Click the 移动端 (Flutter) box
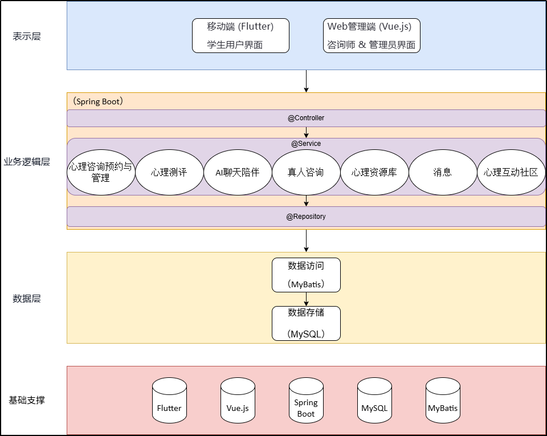click(x=240, y=36)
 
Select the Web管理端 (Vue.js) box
click(x=372, y=36)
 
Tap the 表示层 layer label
click(x=27, y=36)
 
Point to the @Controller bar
click(x=306, y=118)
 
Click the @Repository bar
click(x=306, y=217)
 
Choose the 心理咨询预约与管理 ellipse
click(x=101, y=172)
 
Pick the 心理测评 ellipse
click(x=169, y=172)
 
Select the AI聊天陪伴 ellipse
click(x=238, y=172)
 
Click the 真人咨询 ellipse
click(x=306, y=172)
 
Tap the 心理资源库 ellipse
click(x=374, y=172)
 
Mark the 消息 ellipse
click(x=443, y=172)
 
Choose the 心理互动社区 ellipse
click(x=511, y=172)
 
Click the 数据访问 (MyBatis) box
click(x=306, y=275)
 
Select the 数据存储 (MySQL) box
click(x=306, y=323)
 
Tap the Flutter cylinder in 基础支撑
click(x=169, y=402)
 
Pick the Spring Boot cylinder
click(x=306, y=402)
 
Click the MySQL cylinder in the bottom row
click(x=374, y=402)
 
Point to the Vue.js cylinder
click(x=238, y=402)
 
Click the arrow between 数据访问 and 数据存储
click(x=306, y=299)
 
